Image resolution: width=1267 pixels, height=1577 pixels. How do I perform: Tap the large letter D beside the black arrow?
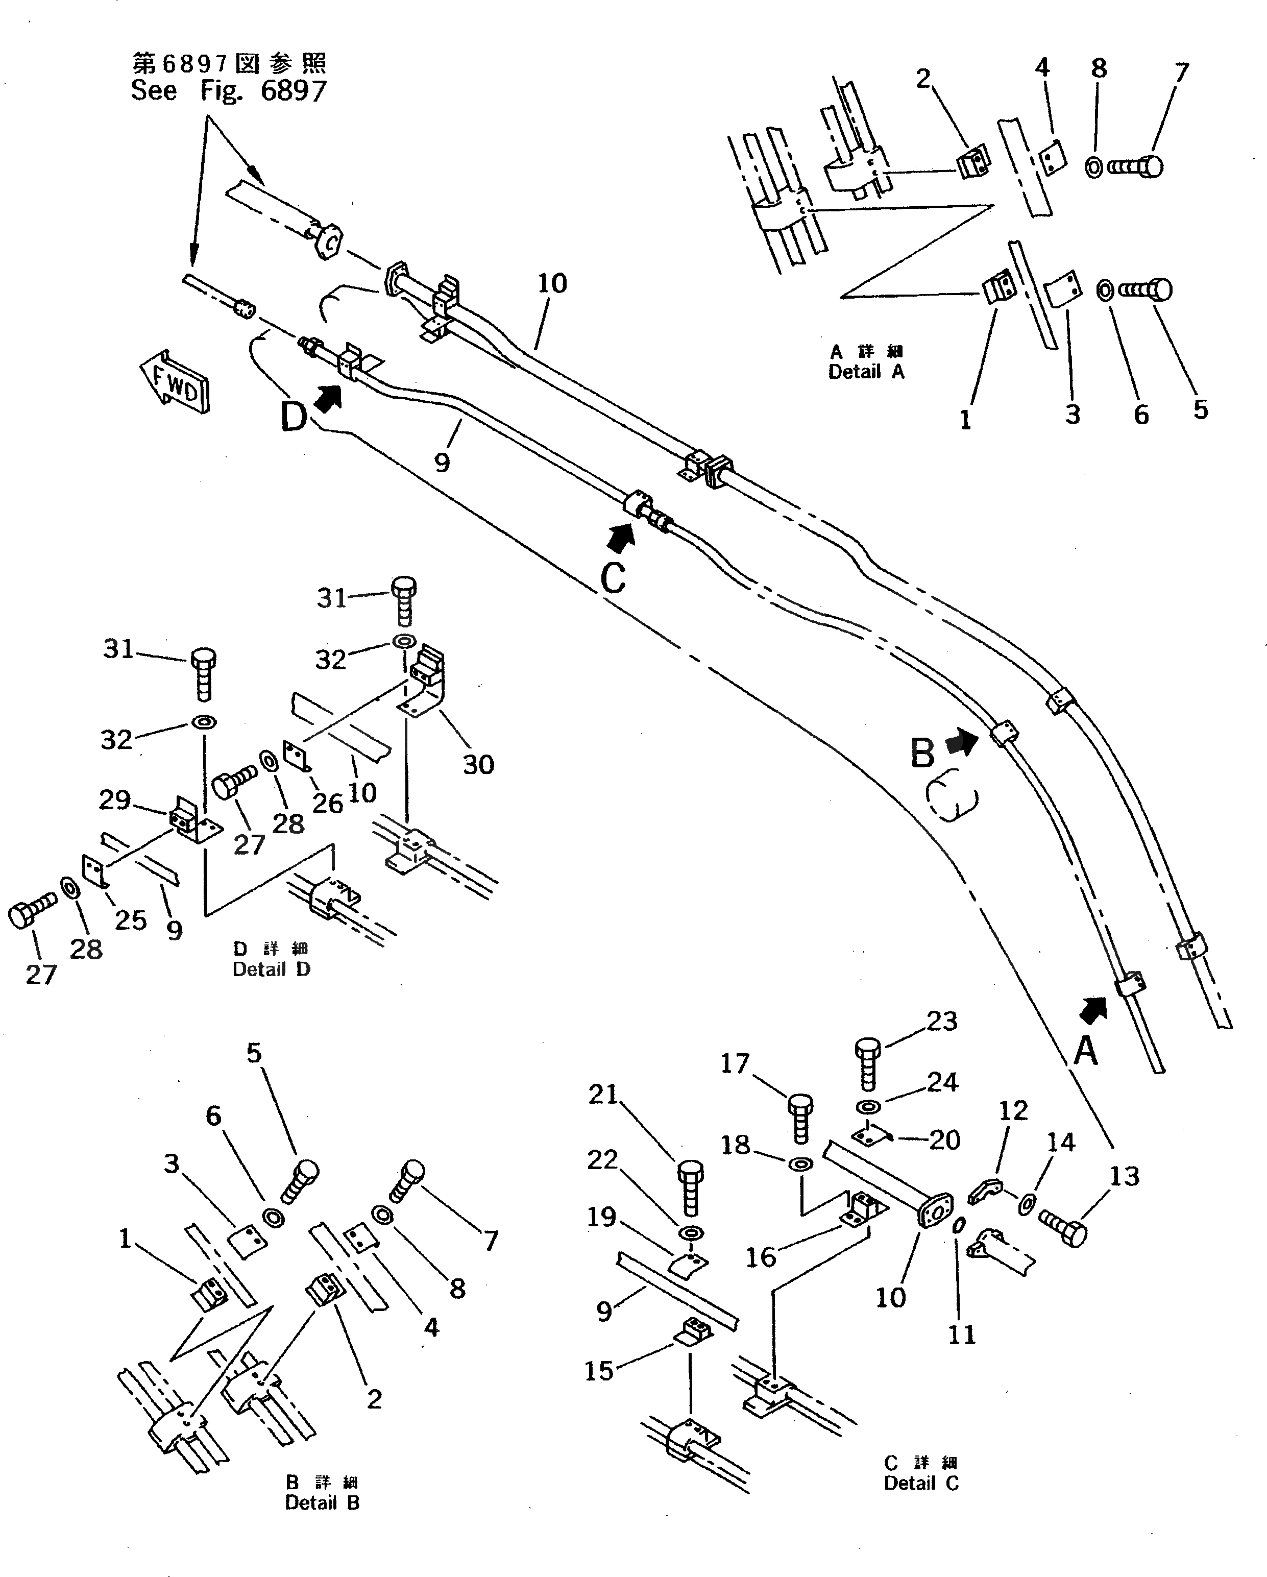click(294, 418)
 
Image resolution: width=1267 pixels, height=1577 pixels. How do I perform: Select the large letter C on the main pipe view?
click(613, 578)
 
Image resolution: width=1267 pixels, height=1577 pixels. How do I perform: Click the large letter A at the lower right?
click(1086, 1052)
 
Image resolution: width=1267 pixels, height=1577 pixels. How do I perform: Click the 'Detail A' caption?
click(866, 372)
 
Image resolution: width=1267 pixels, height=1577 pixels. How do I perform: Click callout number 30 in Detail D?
click(478, 764)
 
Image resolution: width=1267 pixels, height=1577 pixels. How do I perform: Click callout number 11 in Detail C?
click(962, 1335)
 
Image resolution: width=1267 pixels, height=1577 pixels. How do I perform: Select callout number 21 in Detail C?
click(603, 1094)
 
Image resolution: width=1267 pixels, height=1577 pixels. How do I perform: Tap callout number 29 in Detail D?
click(115, 799)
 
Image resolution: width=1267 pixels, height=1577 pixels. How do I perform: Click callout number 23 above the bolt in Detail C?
click(941, 1021)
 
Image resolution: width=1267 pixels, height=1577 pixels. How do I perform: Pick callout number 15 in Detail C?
click(599, 1371)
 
